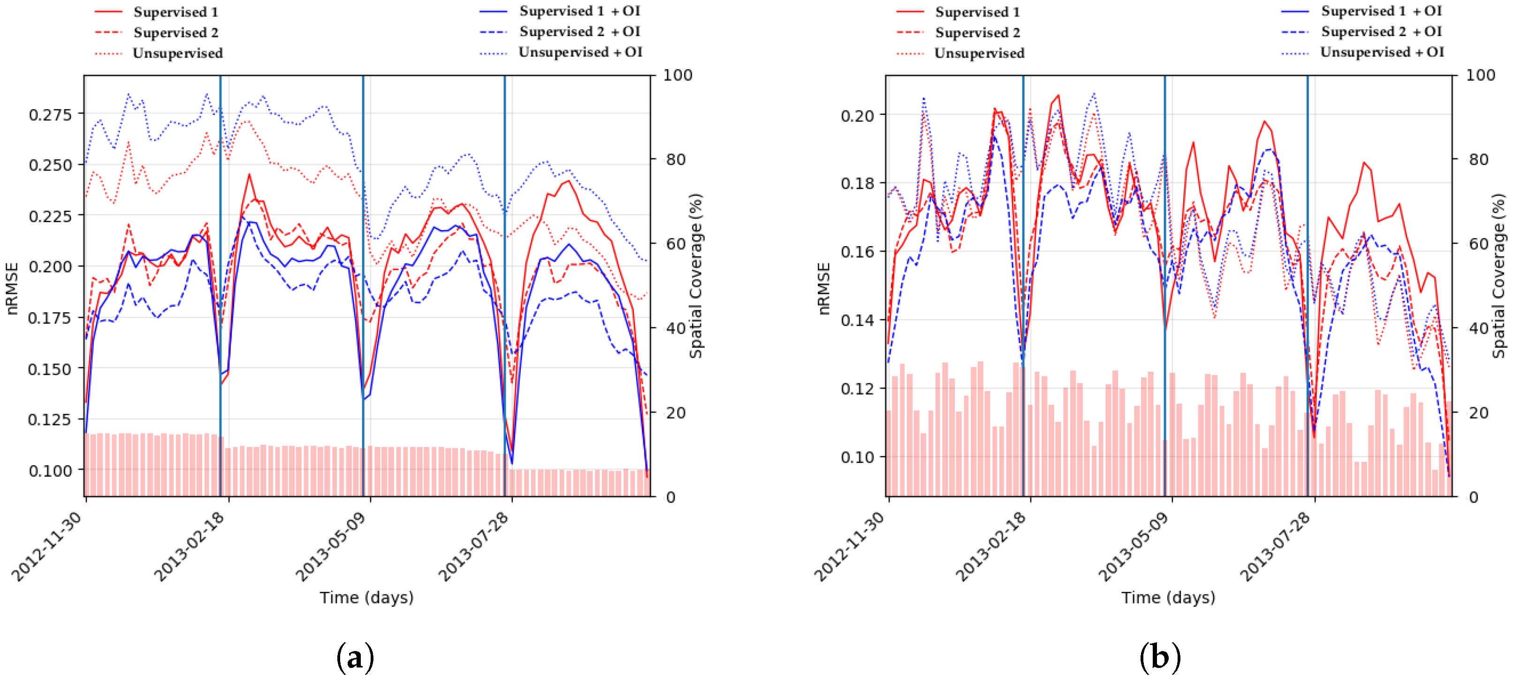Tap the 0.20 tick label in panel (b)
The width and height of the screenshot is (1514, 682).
(858, 115)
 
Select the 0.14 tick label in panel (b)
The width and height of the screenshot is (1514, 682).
(858, 320)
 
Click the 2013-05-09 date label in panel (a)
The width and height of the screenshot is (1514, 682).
(330, 547)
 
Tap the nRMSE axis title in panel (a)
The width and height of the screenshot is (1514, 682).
(12, 288)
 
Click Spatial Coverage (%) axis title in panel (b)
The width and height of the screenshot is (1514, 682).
(1499, 276)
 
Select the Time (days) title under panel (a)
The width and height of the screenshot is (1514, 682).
(366, 598)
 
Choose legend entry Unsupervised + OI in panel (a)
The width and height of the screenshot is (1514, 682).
(580, 52)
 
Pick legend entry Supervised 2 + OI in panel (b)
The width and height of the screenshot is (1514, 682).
(1381, 32)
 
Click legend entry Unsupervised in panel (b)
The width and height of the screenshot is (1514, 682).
(979, 53)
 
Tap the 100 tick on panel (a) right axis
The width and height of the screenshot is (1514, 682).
(677, 75)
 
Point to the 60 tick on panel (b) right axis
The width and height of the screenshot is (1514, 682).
(1477, 244)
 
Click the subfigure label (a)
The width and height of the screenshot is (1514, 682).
(355, 657)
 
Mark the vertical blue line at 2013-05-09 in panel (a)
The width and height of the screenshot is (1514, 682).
(363, 264)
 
